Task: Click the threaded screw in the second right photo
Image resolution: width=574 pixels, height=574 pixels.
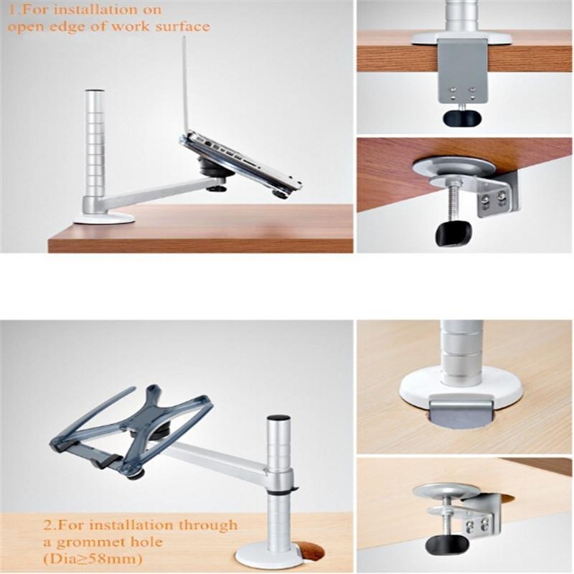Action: (453, 204)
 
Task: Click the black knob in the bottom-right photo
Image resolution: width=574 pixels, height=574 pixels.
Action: (439, 543)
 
